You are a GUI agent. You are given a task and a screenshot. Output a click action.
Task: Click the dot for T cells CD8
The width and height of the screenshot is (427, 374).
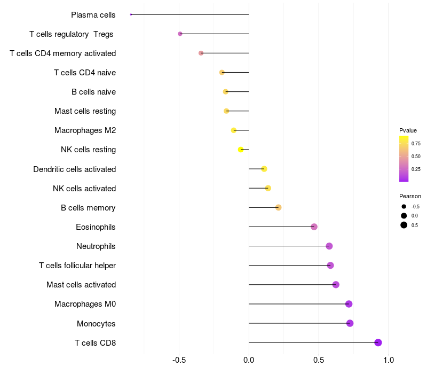click(x=378, y=342)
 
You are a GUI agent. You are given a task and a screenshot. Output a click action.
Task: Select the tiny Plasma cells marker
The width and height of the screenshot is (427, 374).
click(x=131, y=14)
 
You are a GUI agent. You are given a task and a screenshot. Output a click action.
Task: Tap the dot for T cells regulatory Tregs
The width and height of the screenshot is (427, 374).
click(x=180, y=34)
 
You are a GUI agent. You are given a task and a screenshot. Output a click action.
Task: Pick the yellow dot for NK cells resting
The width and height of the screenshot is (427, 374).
click(x=241, y=150)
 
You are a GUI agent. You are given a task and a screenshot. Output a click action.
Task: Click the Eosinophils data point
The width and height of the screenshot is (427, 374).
click(x=314, y=227)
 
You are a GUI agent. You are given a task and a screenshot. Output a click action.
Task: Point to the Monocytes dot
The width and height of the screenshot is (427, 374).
click(x=350, y=323)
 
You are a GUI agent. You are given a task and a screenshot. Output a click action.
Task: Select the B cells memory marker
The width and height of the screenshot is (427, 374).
click(x=278, y=207)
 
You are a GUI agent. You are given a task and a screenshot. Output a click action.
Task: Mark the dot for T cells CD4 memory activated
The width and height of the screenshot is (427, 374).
click(x=201, y=53)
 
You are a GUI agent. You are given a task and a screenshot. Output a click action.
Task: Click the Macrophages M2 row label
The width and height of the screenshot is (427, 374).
click(x=85, y=130)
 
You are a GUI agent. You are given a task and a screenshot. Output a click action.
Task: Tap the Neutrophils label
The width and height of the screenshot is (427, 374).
click(x=96, y=246)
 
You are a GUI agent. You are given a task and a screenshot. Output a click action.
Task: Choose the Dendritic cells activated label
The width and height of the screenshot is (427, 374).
click(x=75, y=169)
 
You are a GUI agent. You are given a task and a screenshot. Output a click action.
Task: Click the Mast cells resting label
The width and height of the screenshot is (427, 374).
click(x=85, y=111)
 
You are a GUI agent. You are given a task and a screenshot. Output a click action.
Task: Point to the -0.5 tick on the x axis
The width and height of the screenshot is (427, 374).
click(x=179, y=360)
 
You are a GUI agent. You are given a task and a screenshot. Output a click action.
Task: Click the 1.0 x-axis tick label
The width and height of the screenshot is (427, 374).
click(x=389, y=360)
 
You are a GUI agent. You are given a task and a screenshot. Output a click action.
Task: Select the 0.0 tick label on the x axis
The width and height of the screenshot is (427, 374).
click(x=249, y=360)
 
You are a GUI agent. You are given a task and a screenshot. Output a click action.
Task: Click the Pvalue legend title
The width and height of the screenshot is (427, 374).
click(x=408, y=130)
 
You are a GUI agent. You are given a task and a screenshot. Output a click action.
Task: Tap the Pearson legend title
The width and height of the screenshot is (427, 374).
click(x=410, y=196)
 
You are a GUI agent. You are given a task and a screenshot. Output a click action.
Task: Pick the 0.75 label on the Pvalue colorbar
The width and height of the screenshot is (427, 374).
click(x=416, y=143)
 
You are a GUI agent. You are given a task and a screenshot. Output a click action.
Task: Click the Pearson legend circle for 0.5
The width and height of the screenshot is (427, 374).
click(x=404, y=225)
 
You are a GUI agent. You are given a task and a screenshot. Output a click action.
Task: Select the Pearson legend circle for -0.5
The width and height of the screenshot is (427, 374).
click(x=404, y=207)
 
